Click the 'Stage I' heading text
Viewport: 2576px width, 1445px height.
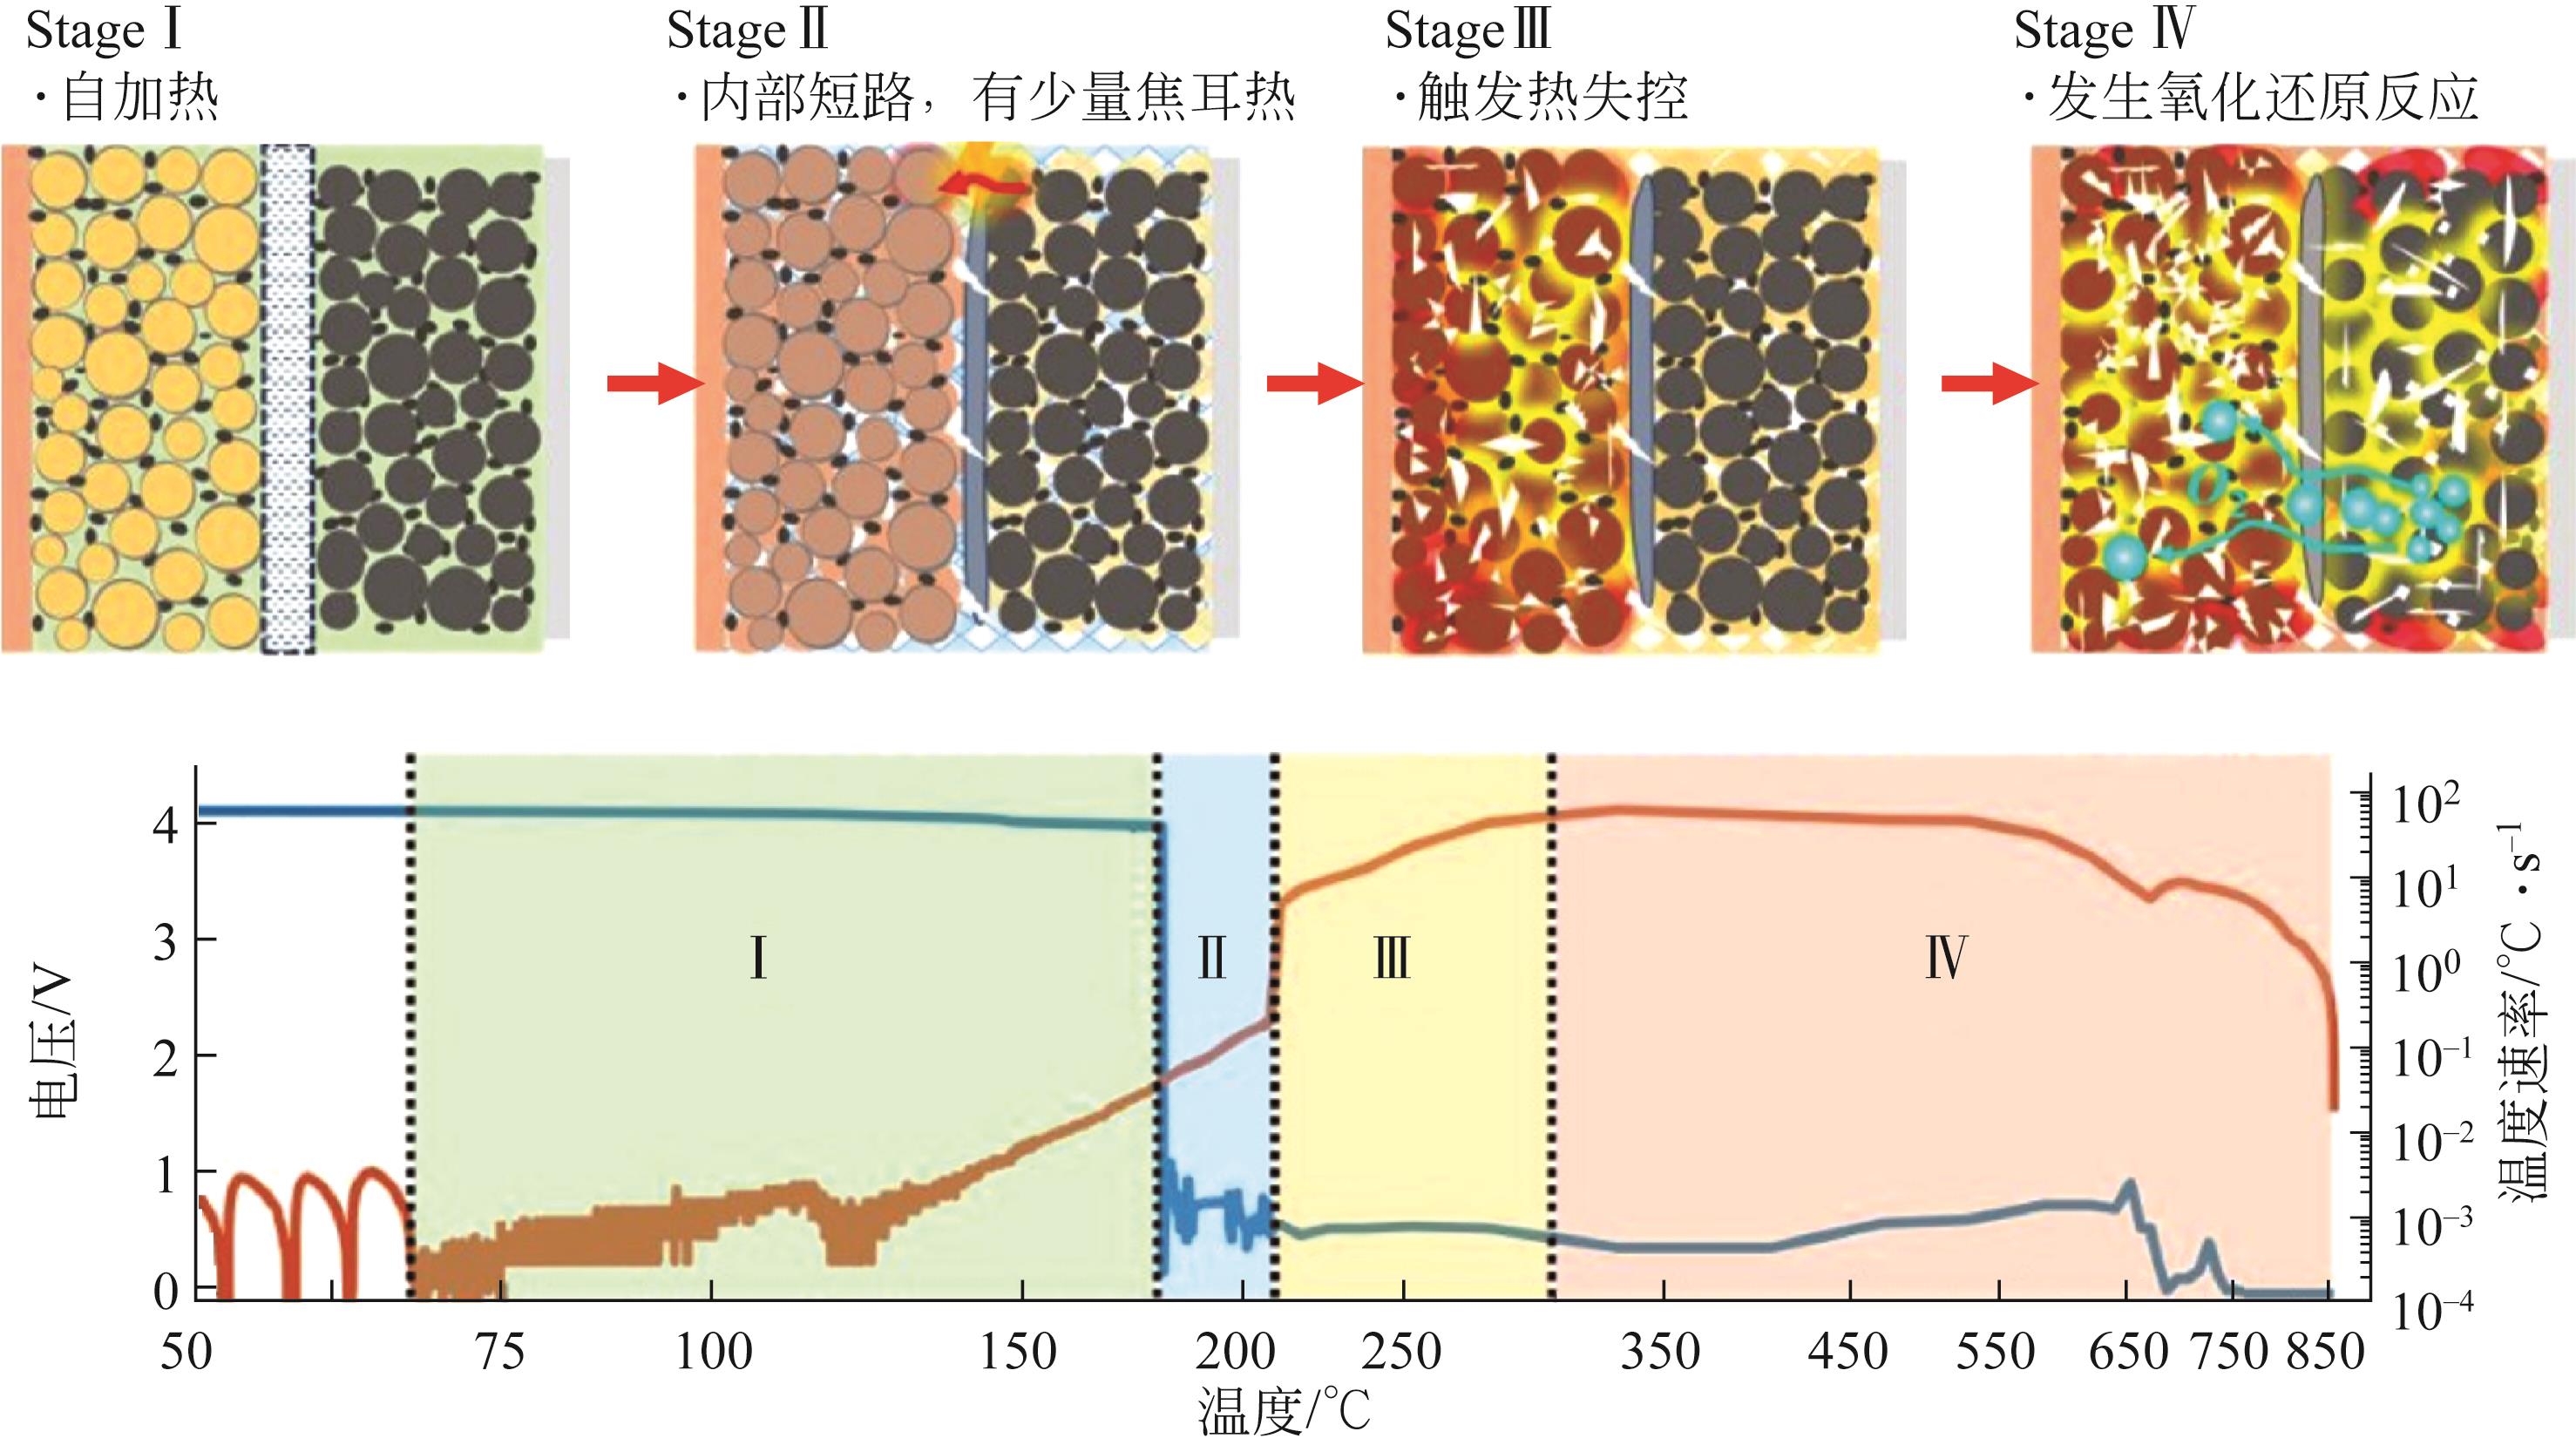tap(105, 31)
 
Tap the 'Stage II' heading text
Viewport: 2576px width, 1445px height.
tap(748, 31)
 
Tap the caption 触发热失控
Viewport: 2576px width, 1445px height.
tap(1540, 98)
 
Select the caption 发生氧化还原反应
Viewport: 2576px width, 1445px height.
tap(2250, 98)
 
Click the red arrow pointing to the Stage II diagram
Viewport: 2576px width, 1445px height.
tap(655, 383)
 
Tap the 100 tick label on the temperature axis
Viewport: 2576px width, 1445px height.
tap(713, 1352)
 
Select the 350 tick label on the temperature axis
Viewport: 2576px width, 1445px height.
tap(1660, 1352)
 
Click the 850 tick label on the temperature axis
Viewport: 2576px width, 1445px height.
tap(2325, 1352)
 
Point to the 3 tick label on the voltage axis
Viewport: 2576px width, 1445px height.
tap(166, 941)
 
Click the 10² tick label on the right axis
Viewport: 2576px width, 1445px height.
tap(2426, 805)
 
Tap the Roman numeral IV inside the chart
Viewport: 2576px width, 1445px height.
tap(1946, 957)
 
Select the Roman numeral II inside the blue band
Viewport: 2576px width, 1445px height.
tap(1212, 957)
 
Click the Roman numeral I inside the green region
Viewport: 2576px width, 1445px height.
tap(759, 957)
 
